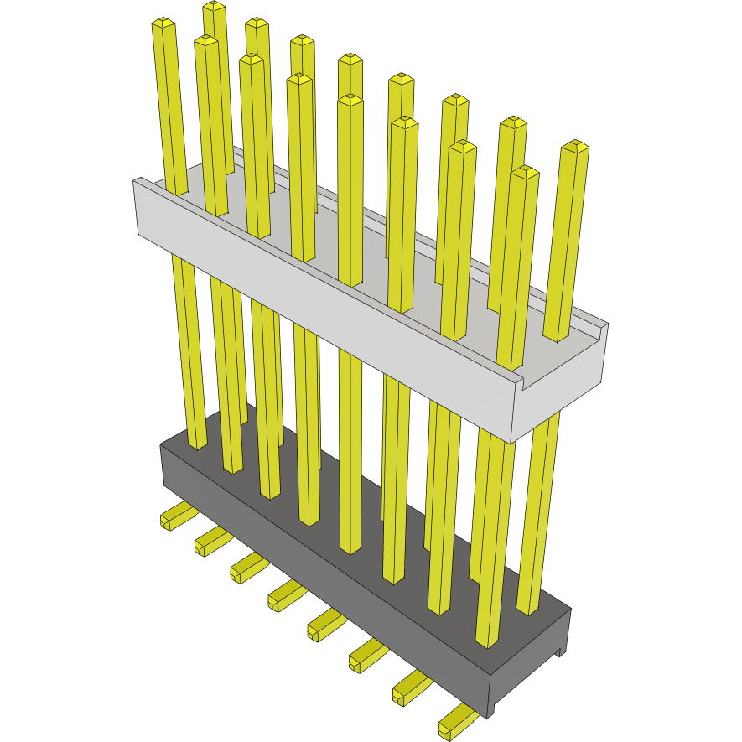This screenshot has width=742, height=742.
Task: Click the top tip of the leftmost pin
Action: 163,25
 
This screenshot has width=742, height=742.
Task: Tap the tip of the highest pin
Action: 215,8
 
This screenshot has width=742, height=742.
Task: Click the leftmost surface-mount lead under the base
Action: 176,515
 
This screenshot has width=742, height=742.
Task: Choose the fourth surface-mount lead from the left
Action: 285,594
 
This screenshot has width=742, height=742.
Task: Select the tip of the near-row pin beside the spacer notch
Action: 525,172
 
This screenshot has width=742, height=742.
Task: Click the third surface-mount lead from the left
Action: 247,568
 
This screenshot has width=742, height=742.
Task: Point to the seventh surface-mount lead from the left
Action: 410,686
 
